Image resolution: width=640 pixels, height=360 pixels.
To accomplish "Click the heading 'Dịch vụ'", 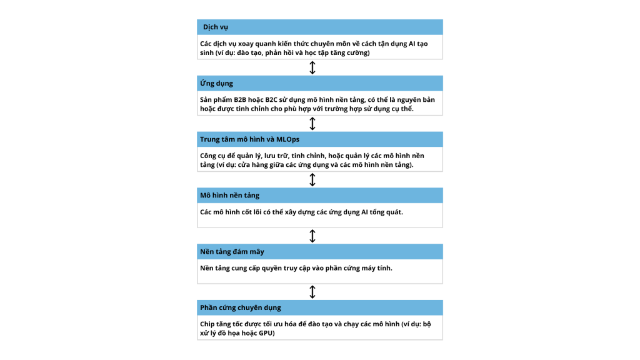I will (216, 27).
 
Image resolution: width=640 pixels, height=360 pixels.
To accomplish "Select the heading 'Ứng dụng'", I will (216, 83).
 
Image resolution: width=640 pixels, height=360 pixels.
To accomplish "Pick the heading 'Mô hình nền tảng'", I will (229, 196).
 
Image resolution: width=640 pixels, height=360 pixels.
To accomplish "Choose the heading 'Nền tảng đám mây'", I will (232, 251).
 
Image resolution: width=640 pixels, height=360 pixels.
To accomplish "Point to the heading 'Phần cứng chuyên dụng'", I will (240, 307).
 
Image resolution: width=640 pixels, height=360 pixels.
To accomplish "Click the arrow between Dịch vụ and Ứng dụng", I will (312, 67).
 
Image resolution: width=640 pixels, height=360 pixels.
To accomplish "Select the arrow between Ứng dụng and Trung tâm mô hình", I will (312, 124).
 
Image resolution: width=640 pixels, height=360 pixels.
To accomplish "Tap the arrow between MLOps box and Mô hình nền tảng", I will (312, 180).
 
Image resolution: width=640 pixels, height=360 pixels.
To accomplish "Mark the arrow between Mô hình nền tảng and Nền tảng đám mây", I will (312, 236).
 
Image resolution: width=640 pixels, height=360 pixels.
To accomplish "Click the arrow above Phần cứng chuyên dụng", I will (312, 292).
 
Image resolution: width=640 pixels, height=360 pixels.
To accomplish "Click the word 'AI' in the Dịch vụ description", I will (411, 44).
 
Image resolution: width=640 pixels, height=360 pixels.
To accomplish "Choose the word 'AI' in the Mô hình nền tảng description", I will (365, 212).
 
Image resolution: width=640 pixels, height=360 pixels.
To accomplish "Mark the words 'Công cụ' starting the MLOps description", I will (214, 156).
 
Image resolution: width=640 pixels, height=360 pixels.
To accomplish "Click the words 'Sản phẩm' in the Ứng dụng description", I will (216, 100).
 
